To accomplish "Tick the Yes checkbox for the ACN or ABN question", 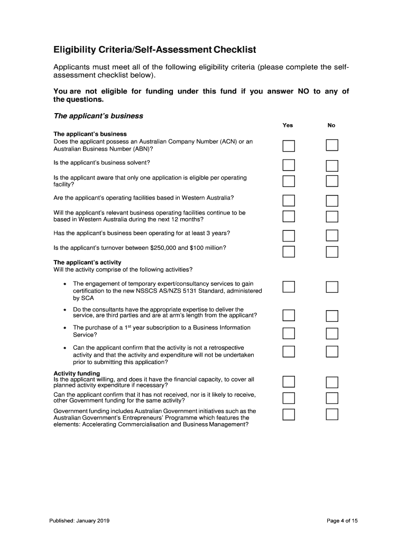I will point(289,146).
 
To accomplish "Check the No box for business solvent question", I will point(331,166).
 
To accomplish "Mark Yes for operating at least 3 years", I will point(289,235).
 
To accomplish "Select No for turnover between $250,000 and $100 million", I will point(331,251).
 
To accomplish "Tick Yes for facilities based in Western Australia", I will point(289,201).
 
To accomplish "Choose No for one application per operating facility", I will point(331,181).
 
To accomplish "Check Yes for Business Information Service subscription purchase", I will point(289,333).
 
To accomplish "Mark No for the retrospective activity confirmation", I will point(331,351).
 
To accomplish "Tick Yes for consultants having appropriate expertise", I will point(289,315).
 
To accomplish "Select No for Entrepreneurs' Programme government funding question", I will point(331,414).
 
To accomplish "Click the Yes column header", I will point(288,125).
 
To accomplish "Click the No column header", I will point(331,125).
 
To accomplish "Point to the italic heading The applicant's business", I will point(98,116).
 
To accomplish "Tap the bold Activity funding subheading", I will point(77,374).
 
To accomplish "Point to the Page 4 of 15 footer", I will point(342,521).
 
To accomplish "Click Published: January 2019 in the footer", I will point(79,521).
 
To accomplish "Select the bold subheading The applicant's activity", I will point(87,263).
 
